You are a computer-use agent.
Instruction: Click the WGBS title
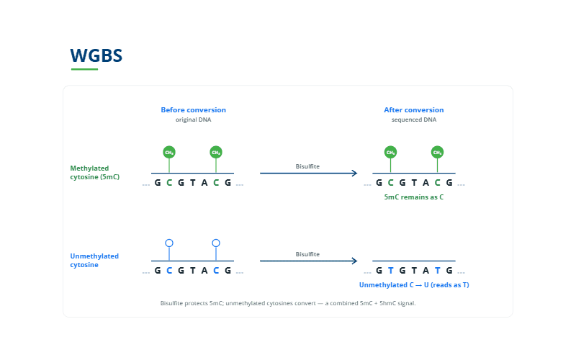(x=96, y=55)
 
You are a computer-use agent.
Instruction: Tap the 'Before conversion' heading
(x=193, y=110)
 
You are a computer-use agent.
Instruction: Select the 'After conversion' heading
(x=413, y=110)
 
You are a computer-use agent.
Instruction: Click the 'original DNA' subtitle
(x=193, y=120)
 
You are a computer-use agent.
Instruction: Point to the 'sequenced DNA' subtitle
(x=413, y=120)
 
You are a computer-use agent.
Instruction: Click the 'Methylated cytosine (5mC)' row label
(x=95, y=173)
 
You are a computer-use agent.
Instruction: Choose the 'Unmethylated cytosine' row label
(x=94, y=261)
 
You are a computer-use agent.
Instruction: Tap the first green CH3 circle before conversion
(x=169, y=152)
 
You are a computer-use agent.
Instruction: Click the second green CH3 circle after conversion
(x=437, y=152)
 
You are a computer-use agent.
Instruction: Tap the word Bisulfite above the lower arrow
(x=307, y=254)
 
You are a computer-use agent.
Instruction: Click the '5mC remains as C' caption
(x=413, y=197)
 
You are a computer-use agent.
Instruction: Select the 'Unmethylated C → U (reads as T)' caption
(x=414, y=285)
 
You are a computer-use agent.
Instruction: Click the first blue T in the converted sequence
(x=390, y=271)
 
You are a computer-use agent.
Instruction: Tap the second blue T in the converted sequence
(x=437, y=271)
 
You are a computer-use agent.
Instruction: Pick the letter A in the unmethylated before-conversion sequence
(x=204, y=271)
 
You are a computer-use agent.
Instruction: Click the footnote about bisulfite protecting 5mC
(x=288, y=303)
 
